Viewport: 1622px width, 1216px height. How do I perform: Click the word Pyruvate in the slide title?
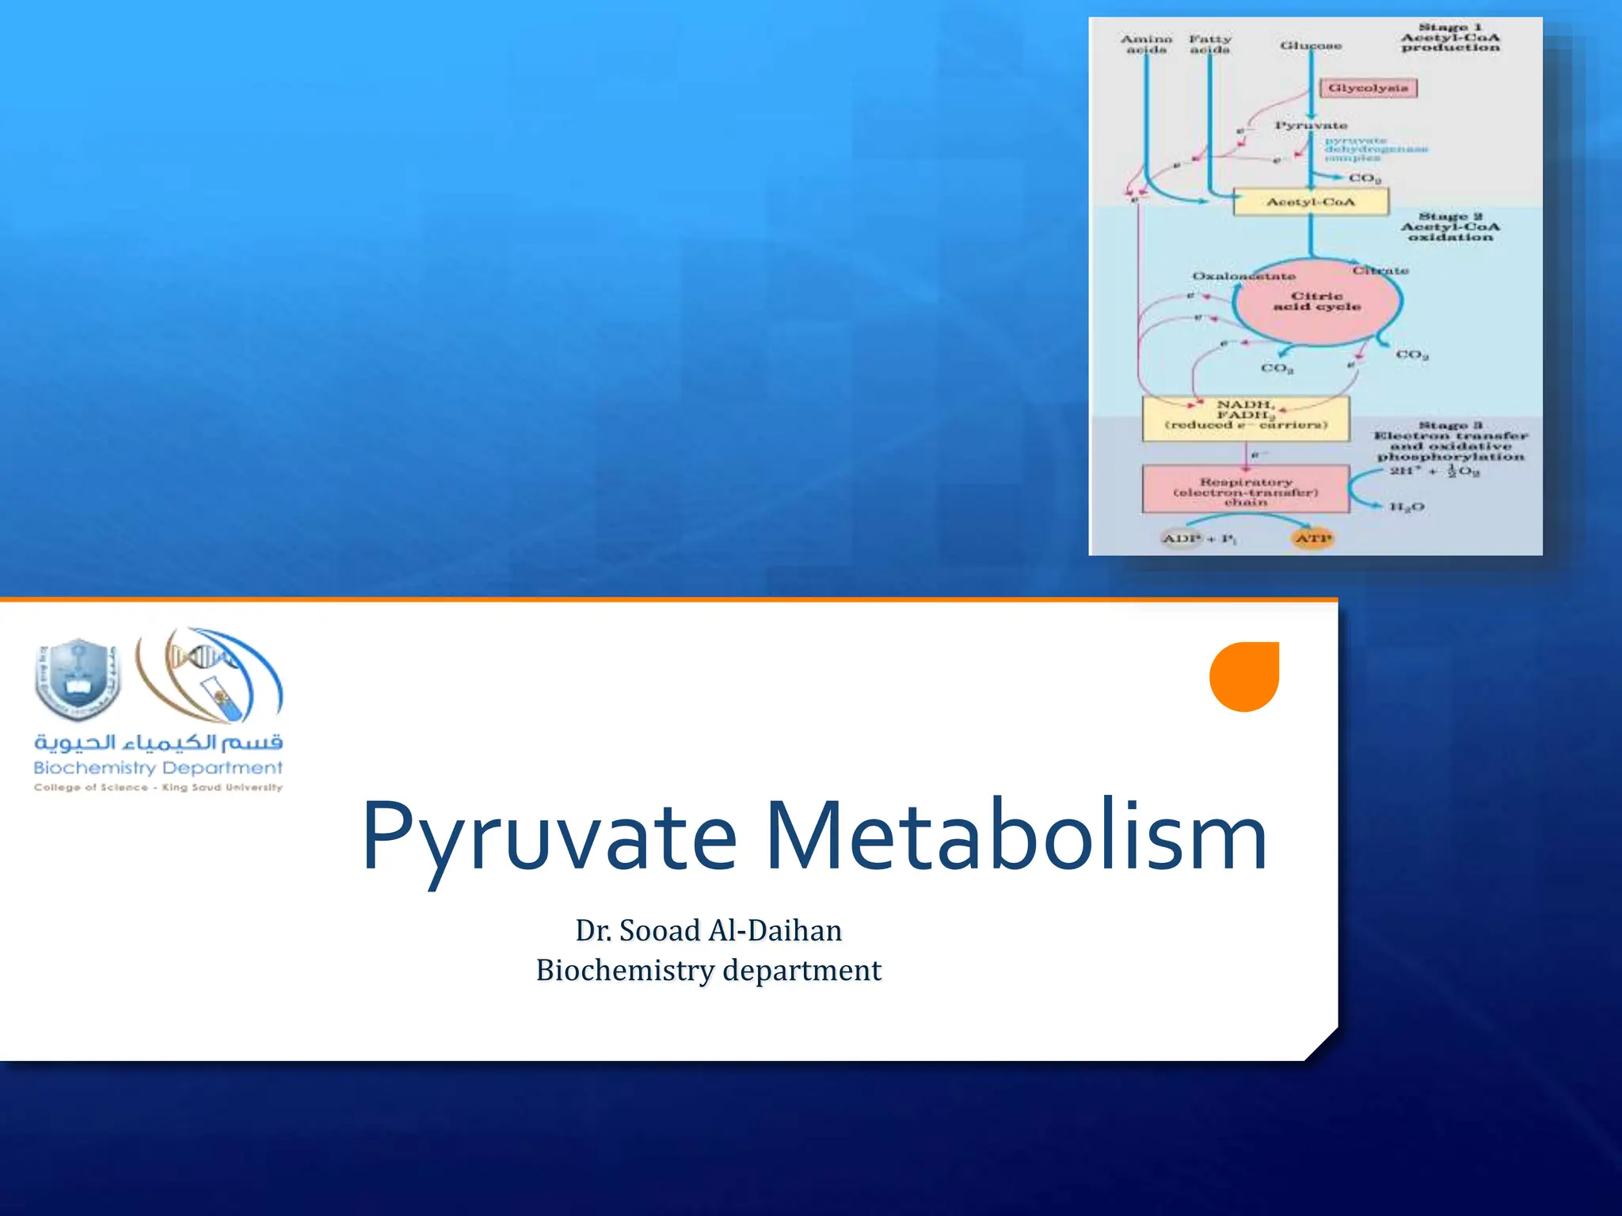pos(549,838)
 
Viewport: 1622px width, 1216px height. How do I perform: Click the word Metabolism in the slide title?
pos(1015,838)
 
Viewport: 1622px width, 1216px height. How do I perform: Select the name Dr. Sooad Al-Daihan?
pos(709,930)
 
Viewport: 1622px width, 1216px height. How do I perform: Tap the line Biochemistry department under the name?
pos(709,970)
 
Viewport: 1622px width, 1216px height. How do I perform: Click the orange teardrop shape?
pos(1244,677)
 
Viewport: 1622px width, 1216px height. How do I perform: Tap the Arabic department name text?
pos(158,742)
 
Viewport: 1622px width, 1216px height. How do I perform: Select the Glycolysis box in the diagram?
pos(1368,88)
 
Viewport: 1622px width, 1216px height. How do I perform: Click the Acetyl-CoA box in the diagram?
pos(1311,202)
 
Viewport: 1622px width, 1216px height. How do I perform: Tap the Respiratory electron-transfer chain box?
pos(1245,490)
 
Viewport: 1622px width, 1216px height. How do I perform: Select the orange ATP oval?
pos(1312,538)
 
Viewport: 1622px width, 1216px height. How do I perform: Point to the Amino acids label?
pos(1146,44)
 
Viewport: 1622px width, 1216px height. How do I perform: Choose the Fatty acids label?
pos(1210,44)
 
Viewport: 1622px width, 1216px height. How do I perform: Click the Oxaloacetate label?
pos(1243,275)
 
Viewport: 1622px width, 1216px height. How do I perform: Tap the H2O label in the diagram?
pos(1407,507)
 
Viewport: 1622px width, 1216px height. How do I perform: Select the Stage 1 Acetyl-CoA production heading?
pos(1450,37)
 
